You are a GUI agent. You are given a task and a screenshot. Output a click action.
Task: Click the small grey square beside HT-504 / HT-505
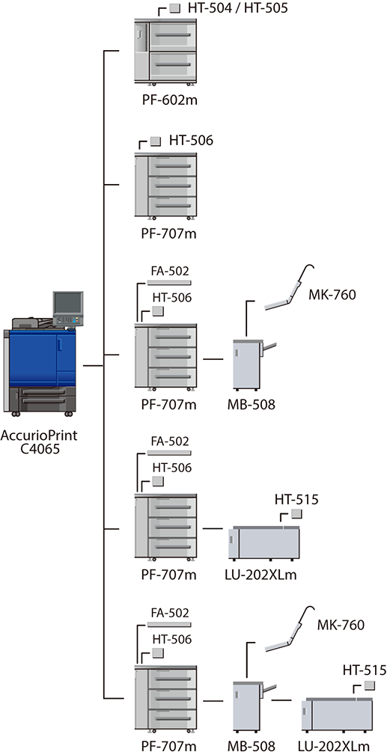click(175, 8)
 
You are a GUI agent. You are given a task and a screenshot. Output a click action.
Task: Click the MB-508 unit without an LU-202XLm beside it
click(249, 364)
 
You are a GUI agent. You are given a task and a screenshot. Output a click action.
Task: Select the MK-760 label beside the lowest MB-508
click(341, 626)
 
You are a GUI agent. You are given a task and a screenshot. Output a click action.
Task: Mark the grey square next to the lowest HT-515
click(370, 685)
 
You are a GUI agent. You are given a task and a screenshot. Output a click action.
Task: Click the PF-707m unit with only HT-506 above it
click(165, 186)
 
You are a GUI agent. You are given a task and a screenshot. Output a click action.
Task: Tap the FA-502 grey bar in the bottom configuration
click(169, 625)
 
